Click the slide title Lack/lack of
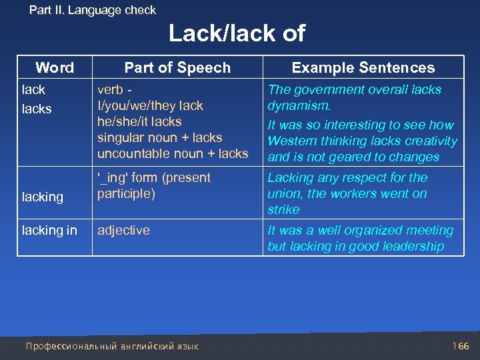coord(237,33)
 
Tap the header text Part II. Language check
coord(93,10)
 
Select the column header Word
coord(55,67)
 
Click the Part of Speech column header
coord(177,67)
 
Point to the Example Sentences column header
coord(363,67)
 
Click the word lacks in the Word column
coord(37,109)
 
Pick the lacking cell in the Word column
coord(43,197)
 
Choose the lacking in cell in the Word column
coord(50,231)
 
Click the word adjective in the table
coord(123,231)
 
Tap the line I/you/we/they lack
coord(150,105)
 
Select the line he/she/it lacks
coord(139,121)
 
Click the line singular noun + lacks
coord(160,137)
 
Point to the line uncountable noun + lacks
coord(173,153)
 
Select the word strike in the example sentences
coord(283,209)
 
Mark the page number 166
coord(461,346)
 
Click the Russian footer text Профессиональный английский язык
coord(111,346)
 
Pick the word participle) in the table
coord(126,193)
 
